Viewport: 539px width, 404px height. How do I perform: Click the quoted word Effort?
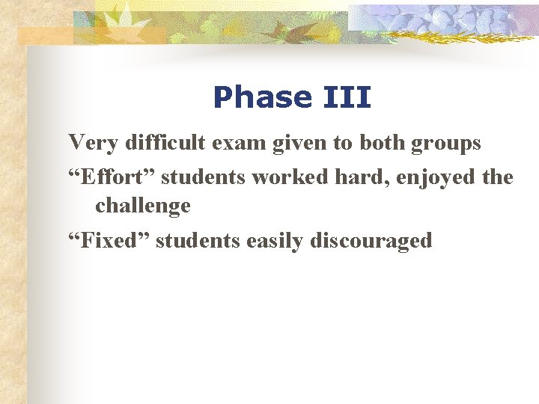pyautogui.click(x=112, y=177)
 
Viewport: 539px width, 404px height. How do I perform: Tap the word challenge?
pyautogui.click(x=142, y=205)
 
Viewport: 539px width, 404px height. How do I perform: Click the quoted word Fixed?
pyautogui.click(x=109, y=240)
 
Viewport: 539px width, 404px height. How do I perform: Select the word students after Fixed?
pyautogui.click(x=198, y=240)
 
